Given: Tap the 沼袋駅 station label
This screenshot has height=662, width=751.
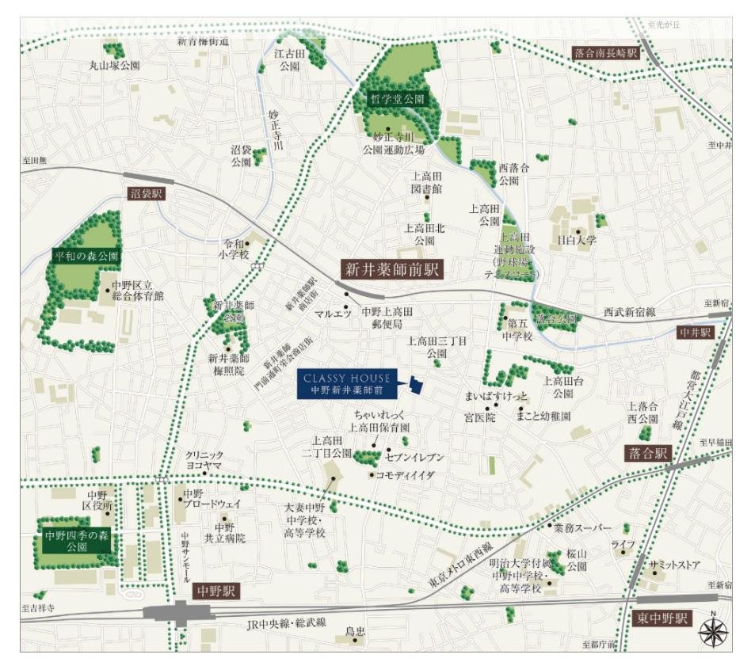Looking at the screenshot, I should [146, 193].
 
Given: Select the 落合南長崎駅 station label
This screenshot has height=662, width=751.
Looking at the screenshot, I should [604, 53].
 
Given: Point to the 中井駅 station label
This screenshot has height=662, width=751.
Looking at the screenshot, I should [697, 333].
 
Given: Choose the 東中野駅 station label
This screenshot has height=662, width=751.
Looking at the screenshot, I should [663, 618].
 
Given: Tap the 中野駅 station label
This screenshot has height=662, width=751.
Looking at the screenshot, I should [215, 592].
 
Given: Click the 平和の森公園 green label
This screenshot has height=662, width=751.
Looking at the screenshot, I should [86, 257].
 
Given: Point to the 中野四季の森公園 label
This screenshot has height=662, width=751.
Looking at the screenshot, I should [76, 542].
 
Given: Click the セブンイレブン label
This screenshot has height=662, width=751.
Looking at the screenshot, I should [414, 458].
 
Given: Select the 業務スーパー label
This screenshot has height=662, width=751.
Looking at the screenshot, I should [583, 527].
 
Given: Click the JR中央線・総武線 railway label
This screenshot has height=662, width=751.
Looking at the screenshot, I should [287, 622].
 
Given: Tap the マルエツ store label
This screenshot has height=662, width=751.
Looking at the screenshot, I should [333, 314].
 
